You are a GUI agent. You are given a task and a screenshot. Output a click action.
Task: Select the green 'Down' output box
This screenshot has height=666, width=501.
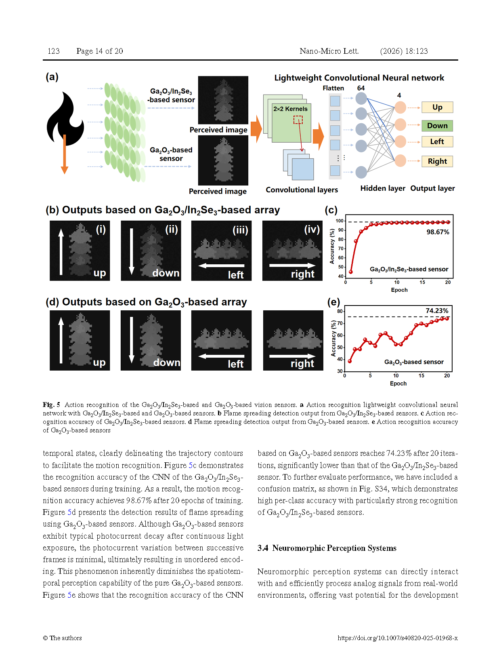pos(437,126)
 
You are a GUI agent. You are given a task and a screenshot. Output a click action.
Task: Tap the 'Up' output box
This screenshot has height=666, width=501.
pos(437,107)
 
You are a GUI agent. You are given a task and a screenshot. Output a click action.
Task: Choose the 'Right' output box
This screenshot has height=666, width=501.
pos(437,161)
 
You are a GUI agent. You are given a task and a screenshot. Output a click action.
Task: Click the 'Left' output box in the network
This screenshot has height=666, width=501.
pos(437,141)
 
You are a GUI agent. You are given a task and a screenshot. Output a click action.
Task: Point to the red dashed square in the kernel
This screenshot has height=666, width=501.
pos(298,120)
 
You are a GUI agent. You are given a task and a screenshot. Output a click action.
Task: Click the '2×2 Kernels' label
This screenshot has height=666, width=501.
pos(290,109)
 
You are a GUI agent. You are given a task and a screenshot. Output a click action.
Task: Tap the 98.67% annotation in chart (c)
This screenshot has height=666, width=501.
pos(438,232)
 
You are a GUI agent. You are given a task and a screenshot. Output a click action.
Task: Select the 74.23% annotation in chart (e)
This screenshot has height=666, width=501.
pos(437,311)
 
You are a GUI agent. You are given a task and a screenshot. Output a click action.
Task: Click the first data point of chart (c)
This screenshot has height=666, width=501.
pos(351,272)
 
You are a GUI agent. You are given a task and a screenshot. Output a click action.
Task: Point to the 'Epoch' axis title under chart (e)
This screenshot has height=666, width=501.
pos(398,384)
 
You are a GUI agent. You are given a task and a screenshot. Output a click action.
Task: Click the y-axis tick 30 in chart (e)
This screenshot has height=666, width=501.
pos(340,371)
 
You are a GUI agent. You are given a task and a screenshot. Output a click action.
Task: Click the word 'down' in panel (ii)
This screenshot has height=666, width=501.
pos(166,273)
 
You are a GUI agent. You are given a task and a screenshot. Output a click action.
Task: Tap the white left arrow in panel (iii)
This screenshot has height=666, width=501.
pos(221,266)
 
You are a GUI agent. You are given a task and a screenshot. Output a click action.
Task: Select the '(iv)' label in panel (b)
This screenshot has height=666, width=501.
pos(312,230)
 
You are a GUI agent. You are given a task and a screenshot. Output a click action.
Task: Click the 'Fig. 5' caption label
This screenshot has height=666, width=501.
pos(51,405)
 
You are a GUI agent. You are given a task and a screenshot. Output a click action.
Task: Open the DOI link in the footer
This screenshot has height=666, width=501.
pos(398,638)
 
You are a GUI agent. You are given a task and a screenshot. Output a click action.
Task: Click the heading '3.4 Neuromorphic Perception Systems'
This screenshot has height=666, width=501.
pos(327,548)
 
